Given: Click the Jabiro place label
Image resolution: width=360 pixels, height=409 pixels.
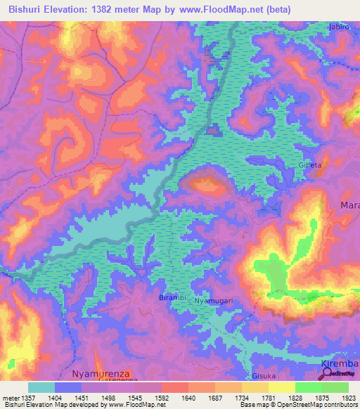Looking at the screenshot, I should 339,27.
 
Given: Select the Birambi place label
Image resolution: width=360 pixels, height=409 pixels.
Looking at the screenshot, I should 172,298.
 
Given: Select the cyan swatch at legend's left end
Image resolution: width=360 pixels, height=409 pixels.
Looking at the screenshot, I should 41,387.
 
